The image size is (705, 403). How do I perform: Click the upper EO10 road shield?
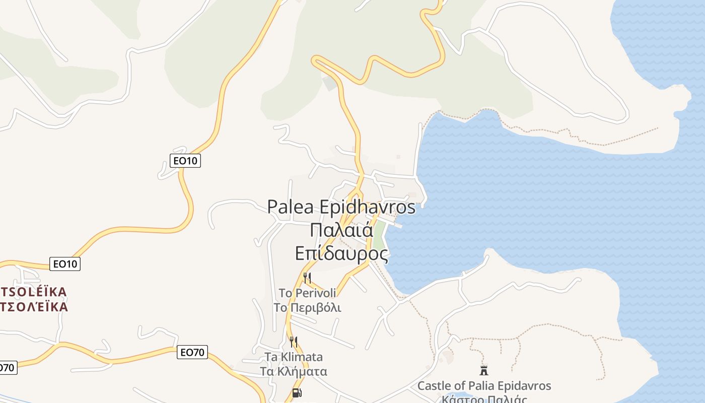(x=185, y=161)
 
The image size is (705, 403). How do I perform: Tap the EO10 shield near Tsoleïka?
(x=65, y=263)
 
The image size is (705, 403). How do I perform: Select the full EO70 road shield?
(x=192, y=352)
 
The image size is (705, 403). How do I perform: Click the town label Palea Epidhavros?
(x=341, y=207)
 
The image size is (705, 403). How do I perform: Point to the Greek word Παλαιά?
(x=341, y=230)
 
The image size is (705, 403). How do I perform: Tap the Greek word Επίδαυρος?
(x=341, y=253)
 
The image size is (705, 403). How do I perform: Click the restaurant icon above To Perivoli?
(x=307, y=277)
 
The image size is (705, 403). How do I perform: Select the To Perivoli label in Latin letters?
(x=307, y=293)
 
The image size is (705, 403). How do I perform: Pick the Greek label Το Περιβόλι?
(x=307, y=307)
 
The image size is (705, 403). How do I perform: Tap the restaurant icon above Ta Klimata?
(x=293, y=342)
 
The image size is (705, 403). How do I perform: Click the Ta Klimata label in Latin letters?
(x=294, y=357)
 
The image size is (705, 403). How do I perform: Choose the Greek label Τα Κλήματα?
(x=294, y=372)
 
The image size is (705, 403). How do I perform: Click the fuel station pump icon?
(x=297, y=392)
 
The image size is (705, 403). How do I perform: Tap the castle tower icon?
(x=484, y=371)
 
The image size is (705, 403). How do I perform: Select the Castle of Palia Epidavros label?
(x=484, y=386)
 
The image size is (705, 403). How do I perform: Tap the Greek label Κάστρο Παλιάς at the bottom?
(x=484, y=399)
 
